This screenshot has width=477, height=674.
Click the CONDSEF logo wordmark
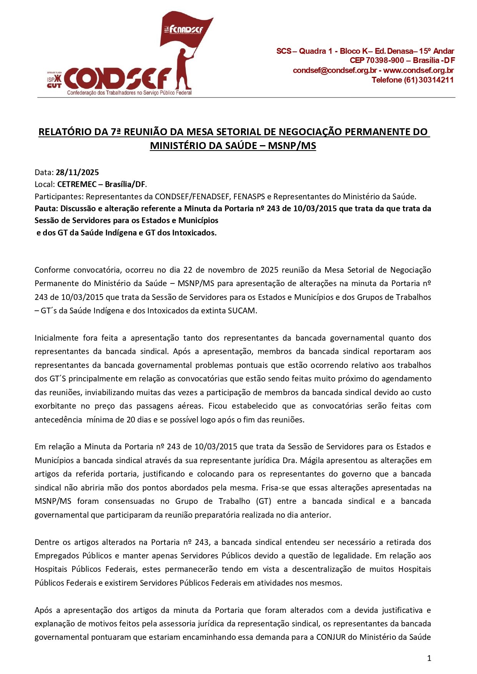tap(117, 79)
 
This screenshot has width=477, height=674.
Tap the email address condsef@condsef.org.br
tap(334, 70)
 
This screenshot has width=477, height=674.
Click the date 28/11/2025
tap(77, 172)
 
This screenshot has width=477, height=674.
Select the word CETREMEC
tap(77, 184)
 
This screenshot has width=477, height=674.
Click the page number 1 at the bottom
tap(429, 658)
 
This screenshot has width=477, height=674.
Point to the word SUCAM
tap(244, 310)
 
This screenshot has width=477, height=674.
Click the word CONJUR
tap(331, 637)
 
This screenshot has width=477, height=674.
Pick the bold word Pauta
tap(45, 209)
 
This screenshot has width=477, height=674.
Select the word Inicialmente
tap(56, 338)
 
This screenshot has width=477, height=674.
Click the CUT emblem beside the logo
tap(54, 81)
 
